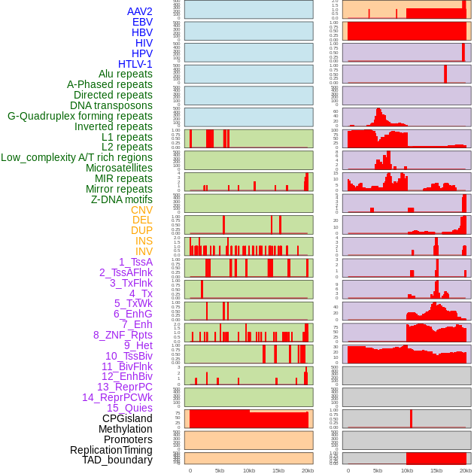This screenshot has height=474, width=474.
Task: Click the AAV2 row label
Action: click(139, 11)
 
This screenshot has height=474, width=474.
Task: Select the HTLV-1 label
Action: click(135, 64)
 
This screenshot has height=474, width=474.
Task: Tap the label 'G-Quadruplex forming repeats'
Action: click(80, 116)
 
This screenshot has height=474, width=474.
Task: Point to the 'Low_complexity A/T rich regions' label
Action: click(77, 157)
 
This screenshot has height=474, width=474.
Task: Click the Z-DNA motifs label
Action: click(122, 199)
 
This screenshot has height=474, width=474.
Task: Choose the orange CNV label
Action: click(141, 210)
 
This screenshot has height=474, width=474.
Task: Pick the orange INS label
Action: click(144, 241)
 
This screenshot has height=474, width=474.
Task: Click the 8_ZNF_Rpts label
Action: click(123, 335)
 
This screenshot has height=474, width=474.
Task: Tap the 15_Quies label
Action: click(129, 408)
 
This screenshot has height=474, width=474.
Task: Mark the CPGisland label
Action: click(127, 418)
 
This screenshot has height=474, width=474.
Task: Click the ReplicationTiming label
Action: click(111, 450)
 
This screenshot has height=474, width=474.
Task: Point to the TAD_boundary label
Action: click(117, 460)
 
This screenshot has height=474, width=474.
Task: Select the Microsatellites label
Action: click(119, 168)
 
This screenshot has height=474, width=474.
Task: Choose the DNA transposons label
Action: click(111, 105)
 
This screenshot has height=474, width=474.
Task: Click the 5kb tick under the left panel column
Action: click(220, 470)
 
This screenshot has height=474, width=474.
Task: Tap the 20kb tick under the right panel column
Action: click(466, 470)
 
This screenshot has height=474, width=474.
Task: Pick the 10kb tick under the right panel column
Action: click(407, 470)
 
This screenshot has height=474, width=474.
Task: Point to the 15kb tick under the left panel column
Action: click(278, 470)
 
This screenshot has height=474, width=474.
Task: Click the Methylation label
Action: click(120, 429)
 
